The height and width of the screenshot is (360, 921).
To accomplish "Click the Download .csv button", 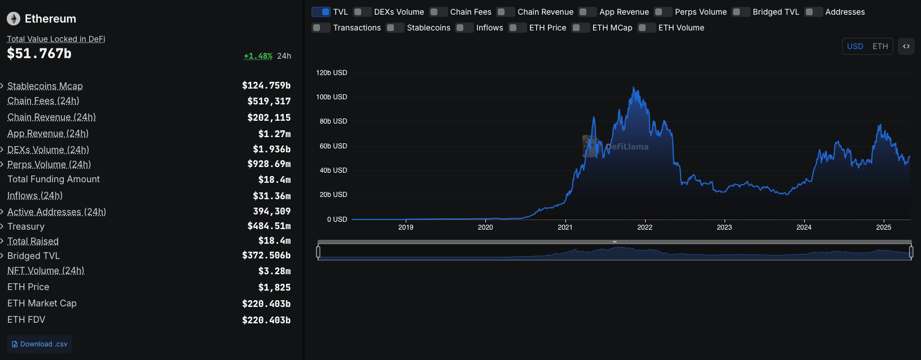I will point(40,344).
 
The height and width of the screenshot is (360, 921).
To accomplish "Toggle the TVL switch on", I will point(321,12).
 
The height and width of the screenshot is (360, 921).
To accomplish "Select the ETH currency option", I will point(880,46).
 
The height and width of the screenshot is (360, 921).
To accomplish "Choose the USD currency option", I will point(855,46).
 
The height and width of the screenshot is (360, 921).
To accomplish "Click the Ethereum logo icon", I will point(14,19).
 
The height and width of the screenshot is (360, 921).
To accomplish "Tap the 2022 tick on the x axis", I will point(644,227).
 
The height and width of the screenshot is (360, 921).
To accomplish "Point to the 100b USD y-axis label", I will point(332,97).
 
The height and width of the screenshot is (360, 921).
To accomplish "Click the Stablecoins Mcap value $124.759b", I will point(266,86).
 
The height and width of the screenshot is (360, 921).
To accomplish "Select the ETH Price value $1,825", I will point(274,287).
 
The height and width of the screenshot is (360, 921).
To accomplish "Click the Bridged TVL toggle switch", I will point(741,12).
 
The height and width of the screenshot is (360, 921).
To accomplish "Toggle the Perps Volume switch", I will point(663,12).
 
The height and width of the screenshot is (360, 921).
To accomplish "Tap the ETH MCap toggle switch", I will point(581,28).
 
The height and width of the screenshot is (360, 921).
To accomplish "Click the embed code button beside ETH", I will point(906,46).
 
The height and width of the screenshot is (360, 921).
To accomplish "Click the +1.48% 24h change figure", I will point(258,56).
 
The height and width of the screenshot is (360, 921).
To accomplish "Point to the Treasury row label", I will point(26,226).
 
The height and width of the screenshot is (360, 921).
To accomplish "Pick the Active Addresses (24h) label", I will point(56,212).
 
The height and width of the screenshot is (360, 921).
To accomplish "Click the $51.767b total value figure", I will point(39,54).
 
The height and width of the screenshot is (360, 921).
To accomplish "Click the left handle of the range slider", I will point(318,251).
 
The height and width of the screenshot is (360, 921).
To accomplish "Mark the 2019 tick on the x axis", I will point(406,227).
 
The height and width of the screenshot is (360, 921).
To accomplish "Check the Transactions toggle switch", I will point(321,28).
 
